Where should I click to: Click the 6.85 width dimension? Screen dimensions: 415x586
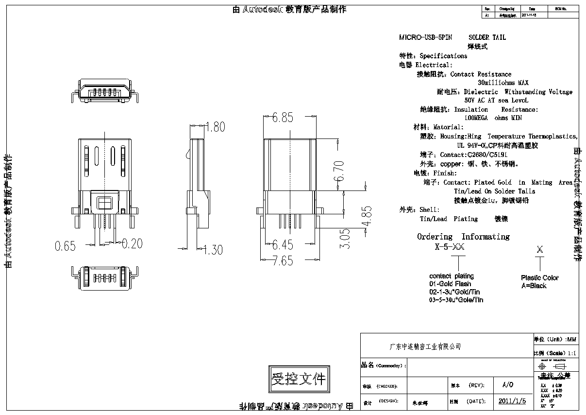coord(283,117)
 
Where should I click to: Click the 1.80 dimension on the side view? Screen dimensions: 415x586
coord(215,127)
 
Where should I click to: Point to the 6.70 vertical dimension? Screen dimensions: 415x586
coord(339,171)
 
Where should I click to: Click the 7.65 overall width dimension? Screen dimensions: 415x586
coord(283,260)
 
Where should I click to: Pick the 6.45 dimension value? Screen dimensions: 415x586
coord(283,244)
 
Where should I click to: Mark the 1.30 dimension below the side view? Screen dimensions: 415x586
coord(213,250)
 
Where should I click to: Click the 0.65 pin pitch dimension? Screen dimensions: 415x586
coord(65,246)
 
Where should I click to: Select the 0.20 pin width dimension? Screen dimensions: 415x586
coord(132,244)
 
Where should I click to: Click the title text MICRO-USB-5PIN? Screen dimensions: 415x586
coord(425,37)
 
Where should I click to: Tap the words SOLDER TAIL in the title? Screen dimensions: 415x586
coord(487,37)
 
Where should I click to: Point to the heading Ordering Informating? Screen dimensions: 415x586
coord(463,237)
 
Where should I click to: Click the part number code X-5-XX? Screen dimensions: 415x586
coord(450,247)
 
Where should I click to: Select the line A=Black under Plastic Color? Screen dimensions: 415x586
coord(534,286)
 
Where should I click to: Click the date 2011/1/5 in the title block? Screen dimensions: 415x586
coord(512,401)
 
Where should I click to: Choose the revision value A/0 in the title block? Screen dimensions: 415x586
coord(507,385)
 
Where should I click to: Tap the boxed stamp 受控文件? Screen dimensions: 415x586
coord(298,379)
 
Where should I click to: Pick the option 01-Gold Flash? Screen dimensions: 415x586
coord(450,284)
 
